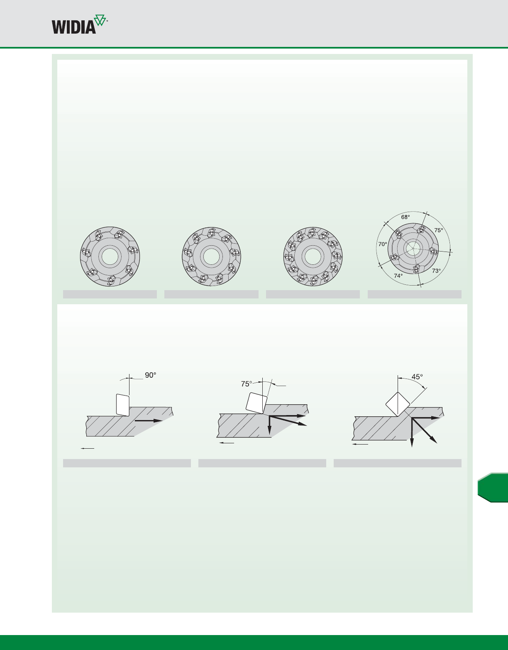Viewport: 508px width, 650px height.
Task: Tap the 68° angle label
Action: pyautogui.click(x=405, y=217)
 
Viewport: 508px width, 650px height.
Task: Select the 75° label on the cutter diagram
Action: pyautogui.click(x=439, y=230)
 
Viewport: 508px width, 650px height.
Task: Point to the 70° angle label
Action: pyautogui.click(x=383, y=244)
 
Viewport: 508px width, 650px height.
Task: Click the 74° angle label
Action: pyautogui.click(x=398, y=276)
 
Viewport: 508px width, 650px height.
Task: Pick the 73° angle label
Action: pyautogui.click(x=436, y=271)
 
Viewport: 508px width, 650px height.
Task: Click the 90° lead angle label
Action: pyautogui.click(x=150, y=375)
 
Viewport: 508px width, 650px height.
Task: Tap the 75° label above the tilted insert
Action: pyautogui.click(x=247, y=384)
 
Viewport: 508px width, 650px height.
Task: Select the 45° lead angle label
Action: pyautogui.click(x=417, y=377)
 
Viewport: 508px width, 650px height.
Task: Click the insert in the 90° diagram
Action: pyautogui.click(x=122, y=405)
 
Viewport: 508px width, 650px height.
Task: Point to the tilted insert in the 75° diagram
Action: pyautogui.click(x=256, y=403)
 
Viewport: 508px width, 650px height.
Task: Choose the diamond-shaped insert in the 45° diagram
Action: pyautogui.click(x=398, y=404)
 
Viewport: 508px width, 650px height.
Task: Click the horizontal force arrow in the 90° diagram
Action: pyautogui.click(x=149, y=420)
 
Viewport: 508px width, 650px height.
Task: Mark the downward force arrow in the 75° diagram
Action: pyautogui.click(x=269, y=425)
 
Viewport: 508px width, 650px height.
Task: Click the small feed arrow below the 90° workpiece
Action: pyautogui.click(x=88, y=448)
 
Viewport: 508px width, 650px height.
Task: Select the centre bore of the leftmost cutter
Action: pyautogui.click(x=110, y=257)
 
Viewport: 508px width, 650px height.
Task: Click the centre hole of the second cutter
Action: pyautogui.click(x=211, y=257)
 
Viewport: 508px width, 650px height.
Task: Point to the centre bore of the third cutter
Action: pyautogui.click(x=313, y=257)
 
